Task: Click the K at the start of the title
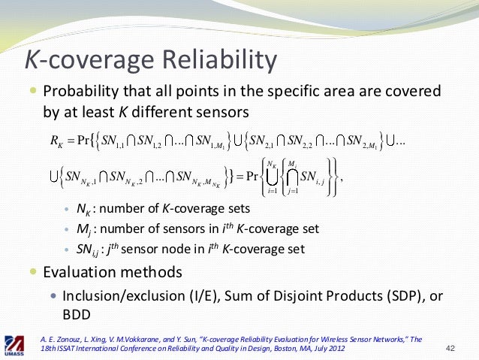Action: coord(32,58)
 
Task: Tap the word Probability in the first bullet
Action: coord(79,92)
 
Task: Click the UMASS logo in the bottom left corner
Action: coord(17,343)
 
